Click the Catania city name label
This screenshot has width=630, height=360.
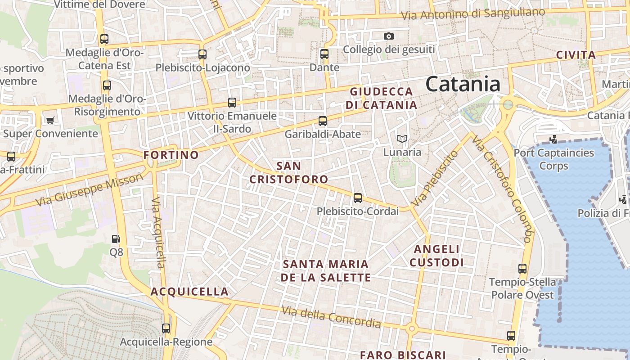pos(463,85)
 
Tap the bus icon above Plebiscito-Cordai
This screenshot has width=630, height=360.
pos(358,198)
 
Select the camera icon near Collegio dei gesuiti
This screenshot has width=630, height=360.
pos(389,36)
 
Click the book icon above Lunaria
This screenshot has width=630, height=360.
pos(402,139)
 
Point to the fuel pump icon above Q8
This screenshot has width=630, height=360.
pos(116,239)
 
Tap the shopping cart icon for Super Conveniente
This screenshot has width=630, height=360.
pos(50,120)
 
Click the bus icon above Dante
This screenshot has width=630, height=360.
pos(324,54)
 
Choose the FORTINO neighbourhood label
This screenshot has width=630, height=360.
pos(171,155)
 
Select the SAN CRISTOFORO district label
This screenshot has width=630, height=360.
pos(288,172)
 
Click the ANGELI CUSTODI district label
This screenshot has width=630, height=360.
pos(436,256)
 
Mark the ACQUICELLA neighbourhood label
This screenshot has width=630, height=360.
pos(189,292)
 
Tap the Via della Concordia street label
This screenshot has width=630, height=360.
pos(331,317)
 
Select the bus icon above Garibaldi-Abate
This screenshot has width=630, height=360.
pos(323,121)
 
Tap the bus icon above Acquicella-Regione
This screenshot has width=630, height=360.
pos(166,328)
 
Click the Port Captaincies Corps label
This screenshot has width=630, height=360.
pos(554,159)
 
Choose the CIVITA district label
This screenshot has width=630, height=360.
pos(576,55)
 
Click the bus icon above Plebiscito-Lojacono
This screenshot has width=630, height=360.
pos(202,54)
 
